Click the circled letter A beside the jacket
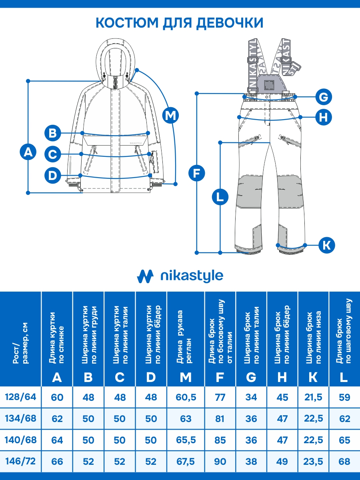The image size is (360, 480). point(28,152)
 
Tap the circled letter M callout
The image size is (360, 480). point(171,115)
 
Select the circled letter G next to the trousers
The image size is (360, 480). point(324,97)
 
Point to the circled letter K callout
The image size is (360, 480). point(327,244)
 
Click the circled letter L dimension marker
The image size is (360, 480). point(220,197)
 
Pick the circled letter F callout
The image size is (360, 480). point(196,173)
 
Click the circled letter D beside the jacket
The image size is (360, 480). point(52,175)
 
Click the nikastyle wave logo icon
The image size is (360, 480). point(145,276)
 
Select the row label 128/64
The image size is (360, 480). point(20,397)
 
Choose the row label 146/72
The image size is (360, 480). point(20,461)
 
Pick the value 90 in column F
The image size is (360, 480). point(220,461)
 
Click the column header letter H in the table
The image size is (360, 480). point(282,377)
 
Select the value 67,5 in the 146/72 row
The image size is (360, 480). point(186,461)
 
